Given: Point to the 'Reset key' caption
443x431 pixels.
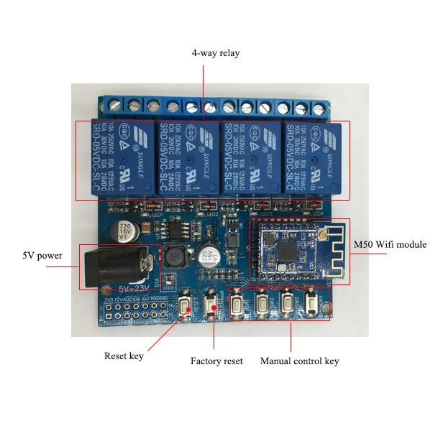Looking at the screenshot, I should tap(124, 356).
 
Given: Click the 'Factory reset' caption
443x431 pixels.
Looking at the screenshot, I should tap(216, 361).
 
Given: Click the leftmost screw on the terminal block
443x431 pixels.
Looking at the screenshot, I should tap(115, 106).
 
